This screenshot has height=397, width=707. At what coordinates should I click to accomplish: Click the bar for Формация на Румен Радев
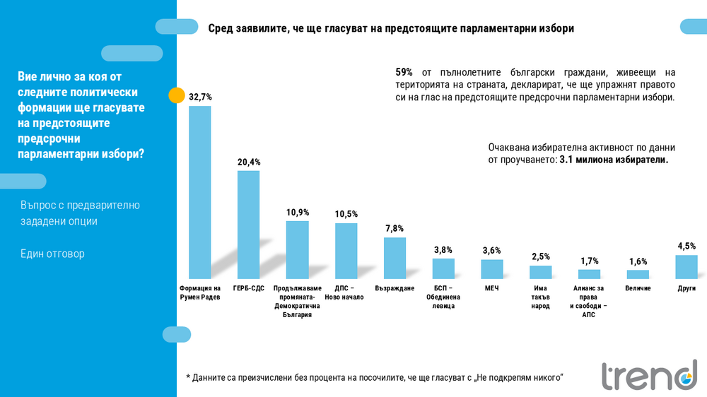[x=200, y=192]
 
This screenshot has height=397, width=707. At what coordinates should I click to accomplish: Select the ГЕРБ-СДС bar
[x=248, y=225]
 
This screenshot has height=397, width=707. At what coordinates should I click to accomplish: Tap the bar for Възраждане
[x=395, y=258]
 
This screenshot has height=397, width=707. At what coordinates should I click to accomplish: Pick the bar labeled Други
[x=686, y=267]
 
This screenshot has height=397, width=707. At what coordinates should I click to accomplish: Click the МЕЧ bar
[x=491, y=269]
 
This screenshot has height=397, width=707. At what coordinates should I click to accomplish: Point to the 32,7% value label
[x=200, y=96]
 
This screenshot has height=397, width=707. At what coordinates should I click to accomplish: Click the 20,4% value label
[x=248, y=162]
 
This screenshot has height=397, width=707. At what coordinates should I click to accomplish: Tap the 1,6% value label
[x=637, y=261]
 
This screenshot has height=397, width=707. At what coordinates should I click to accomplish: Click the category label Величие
[x=638, y=288]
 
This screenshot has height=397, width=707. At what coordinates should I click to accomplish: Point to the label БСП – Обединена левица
[x=443, y=297]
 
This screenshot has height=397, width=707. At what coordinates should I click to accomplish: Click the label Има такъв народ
[x=540, y=297]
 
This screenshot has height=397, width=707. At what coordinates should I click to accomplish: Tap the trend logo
[x=648, y=375]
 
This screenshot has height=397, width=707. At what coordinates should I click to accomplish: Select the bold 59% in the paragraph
[x=404, y=72]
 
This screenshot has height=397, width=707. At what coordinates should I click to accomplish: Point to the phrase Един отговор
[x=52, y=254]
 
